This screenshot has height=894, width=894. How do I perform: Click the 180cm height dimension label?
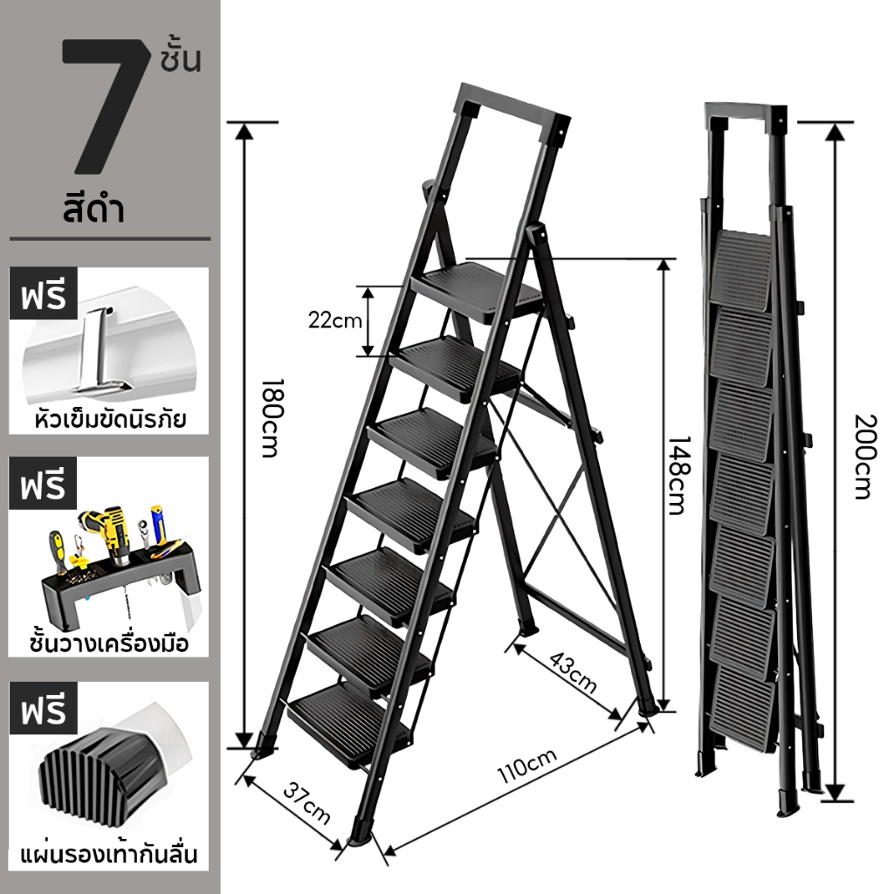pyautogui.click(x=271, y=418)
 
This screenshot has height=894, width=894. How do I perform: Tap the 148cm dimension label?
pyautogui.click(x=678, y=476)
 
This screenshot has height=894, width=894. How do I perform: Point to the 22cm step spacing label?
pyautogui.click(x=335, y=320)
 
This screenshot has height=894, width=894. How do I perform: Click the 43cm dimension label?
pyautogui.click(x=573, y=672)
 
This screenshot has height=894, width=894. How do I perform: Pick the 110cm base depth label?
pyautogui.click(x=526, y=766)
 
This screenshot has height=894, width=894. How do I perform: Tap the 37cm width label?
pyautogui.click(x=306, y=804)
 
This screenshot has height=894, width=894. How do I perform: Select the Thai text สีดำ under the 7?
pyautogui.click(x=94, y=209)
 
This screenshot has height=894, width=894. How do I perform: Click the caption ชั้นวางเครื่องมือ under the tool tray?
pyautogui.click(x=109, y=643)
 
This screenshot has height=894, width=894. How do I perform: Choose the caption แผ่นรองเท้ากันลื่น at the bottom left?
pyautogui.click(x=109, y=856)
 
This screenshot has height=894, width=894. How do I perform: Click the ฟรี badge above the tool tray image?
pyautogui.click(x=43, y=486)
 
